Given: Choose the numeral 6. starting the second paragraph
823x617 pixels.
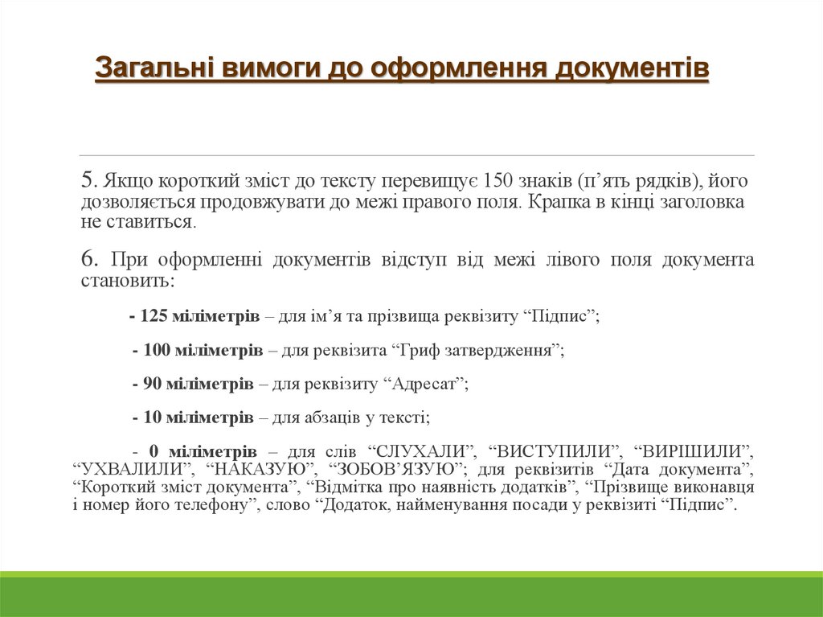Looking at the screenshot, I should coord(90,259).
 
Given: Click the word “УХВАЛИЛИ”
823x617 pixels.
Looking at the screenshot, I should coord(133,469).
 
